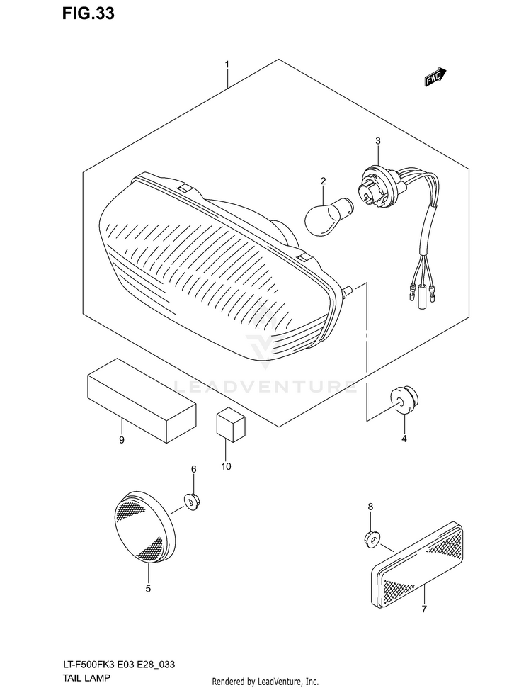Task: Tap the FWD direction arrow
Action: click(x=435, y=78)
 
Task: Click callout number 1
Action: click(x=227, y=66)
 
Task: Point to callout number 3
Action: click(x=378, y=141)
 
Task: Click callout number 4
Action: click(x=404, y=439)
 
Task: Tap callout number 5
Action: click(x=148, y=588)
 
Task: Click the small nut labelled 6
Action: click(x=191, y=502)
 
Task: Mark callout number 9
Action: click(x=122, y=441)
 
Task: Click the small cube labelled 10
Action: click(x=229, y=424)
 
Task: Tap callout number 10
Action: click(x=227, y=466)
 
